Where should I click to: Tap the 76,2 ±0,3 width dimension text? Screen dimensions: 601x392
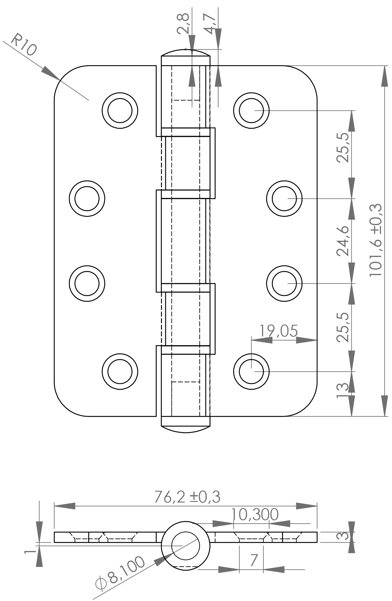click(x=187, y=497)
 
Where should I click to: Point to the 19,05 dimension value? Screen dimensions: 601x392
click(x=278, y=331)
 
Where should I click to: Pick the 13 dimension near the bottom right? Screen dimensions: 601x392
click(x=343, y=391)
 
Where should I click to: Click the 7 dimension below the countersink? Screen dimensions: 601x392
click(x=254, y=560)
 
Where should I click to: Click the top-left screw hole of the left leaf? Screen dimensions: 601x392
click(x=120, y=110)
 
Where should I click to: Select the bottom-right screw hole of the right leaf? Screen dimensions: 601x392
click(x=251, y=371)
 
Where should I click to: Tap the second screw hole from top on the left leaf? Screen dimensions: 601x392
click(x=87, y=198)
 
